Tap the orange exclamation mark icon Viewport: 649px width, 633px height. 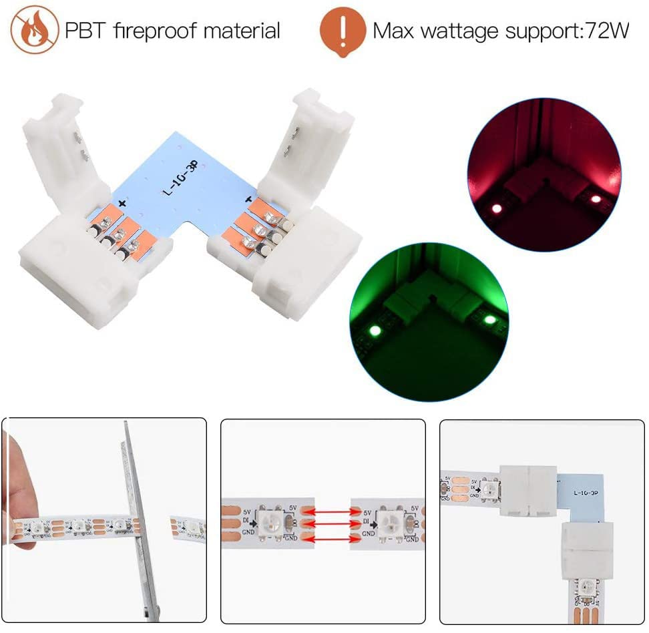(x=343, y=31)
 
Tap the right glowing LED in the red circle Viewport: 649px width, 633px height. (x=595, y=198)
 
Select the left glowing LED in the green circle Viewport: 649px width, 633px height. (x=374, y=331)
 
